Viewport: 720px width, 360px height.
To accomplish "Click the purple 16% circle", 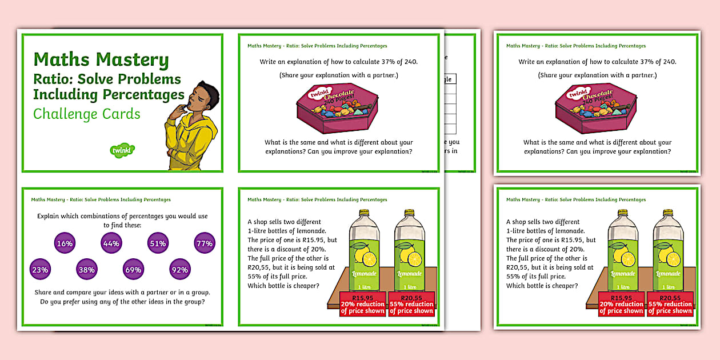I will [x=65, y=243].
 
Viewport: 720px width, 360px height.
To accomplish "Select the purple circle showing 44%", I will [x=111, y=243].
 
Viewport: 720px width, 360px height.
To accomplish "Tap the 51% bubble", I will [x=158, y=243].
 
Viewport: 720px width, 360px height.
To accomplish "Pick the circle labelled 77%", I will [x=205, y=243].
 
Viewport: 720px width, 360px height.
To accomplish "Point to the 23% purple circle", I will [x=40, y=269].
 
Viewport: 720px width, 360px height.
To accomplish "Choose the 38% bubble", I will [x=86, y=269].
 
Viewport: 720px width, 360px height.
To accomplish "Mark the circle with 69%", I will [x=133, y=269].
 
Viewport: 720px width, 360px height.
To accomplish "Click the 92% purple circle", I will [x=179, y=269].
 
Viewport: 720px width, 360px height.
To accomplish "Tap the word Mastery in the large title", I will [x=132, y=60].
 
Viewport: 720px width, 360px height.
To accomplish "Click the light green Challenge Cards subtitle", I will [x=86, y=114].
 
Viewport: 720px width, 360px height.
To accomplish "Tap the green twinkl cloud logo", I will [x=122, y=150].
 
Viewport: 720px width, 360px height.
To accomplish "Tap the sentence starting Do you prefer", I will [x=122, y=302].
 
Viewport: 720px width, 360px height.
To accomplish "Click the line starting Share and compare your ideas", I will [x=122, y=292].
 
